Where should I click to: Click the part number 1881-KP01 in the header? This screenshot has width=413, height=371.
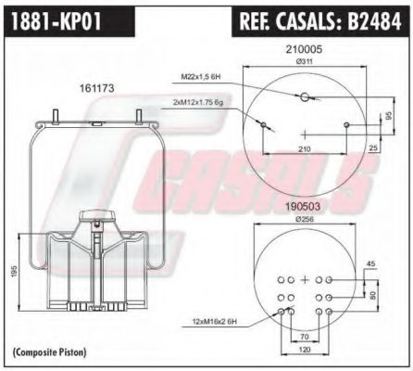[x=56, y=18]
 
